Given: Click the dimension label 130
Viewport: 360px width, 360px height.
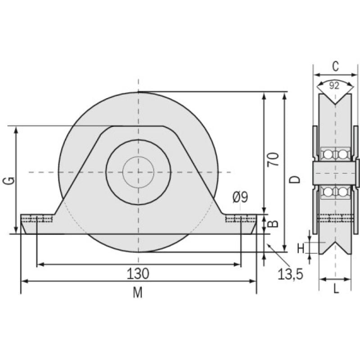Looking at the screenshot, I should coord(139,273).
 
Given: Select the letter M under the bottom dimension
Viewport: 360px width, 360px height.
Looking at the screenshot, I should coord(138,293).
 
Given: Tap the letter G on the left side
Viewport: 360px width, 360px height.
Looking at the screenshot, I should coord(10,180).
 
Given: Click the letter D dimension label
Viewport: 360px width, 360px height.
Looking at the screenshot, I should coord(295,179).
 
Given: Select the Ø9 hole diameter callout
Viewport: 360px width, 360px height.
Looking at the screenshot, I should coord(240,197).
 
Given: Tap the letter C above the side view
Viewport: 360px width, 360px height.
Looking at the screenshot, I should coord(335,67).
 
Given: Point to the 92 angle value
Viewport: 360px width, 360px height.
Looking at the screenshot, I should coord(334,86).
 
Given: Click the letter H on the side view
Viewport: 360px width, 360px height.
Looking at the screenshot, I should coord(301,247).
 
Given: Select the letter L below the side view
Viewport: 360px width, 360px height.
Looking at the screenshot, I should coord(336,289).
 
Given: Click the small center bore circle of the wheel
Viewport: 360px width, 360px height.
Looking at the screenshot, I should coord(138,172).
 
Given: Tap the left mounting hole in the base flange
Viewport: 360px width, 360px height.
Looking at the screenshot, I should coord(37,219).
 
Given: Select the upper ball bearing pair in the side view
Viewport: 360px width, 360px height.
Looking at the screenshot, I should coord(335,154).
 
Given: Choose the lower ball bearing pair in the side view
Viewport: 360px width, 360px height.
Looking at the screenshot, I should coord(335,192).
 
